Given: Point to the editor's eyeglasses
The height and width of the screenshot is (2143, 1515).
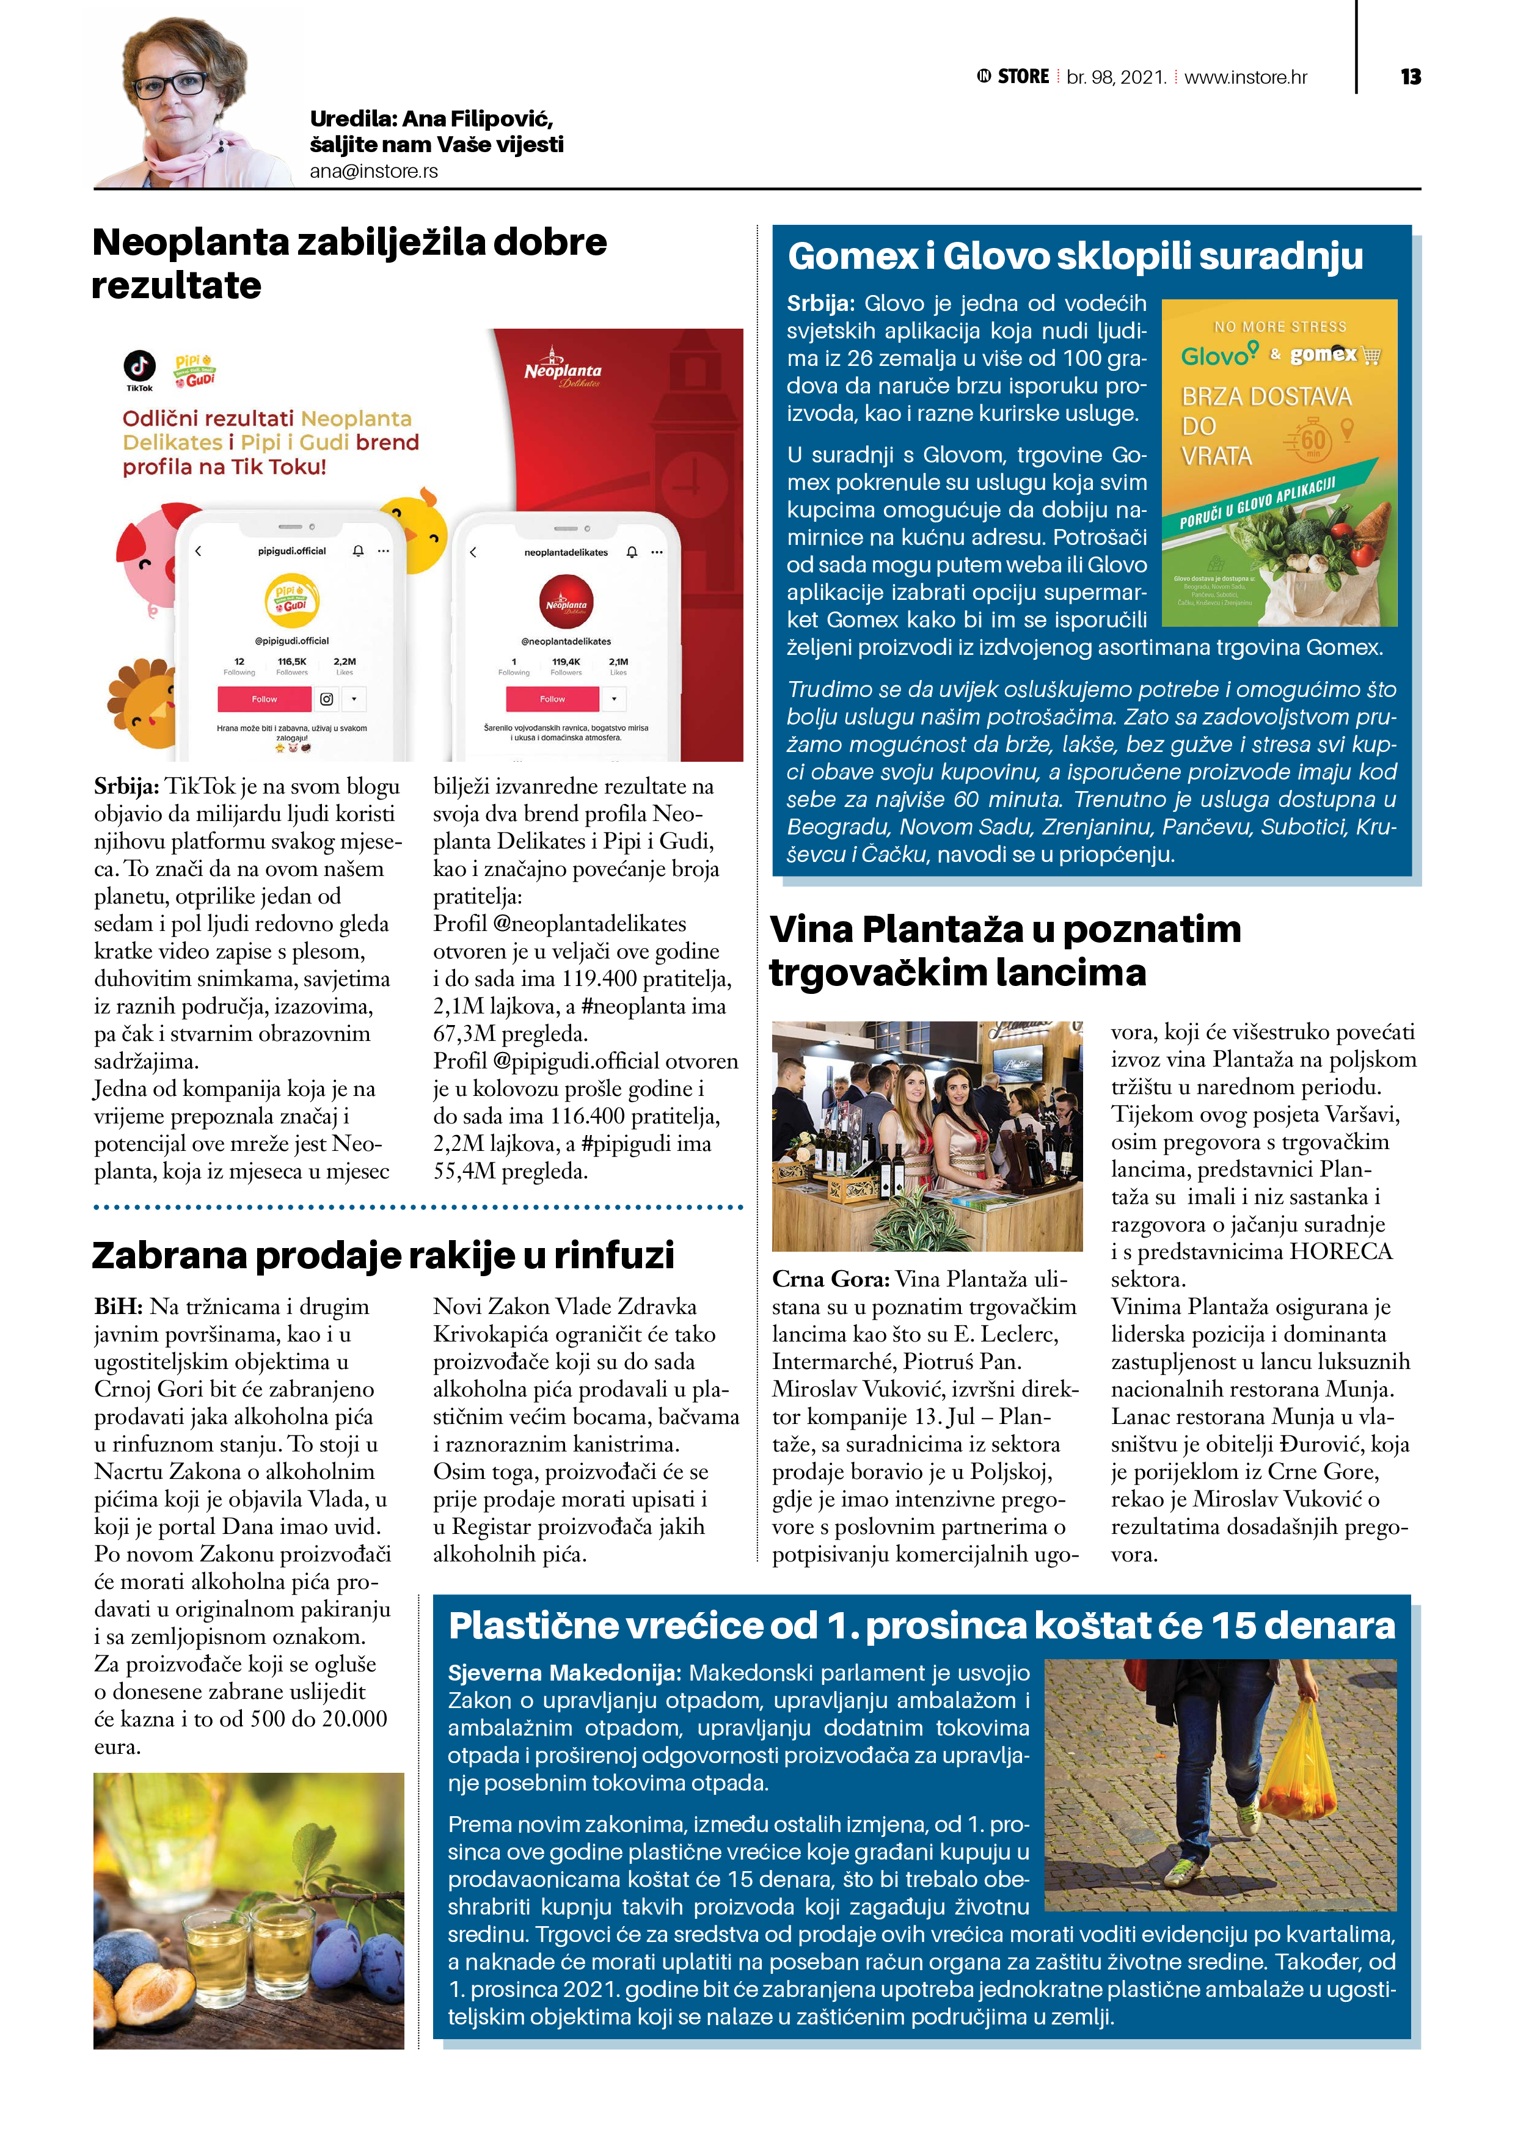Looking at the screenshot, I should pos(171,85).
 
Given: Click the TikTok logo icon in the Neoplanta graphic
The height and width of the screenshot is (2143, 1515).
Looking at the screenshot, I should pos(139,366).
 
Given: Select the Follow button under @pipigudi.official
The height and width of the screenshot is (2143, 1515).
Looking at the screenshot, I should pos(264,699).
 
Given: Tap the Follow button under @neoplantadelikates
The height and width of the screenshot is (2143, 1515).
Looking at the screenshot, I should pos(552,699).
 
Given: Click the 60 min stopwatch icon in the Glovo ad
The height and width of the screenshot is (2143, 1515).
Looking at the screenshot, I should pos(1312,440).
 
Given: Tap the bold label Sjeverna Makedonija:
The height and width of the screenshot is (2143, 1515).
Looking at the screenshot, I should pos(564,1673).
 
